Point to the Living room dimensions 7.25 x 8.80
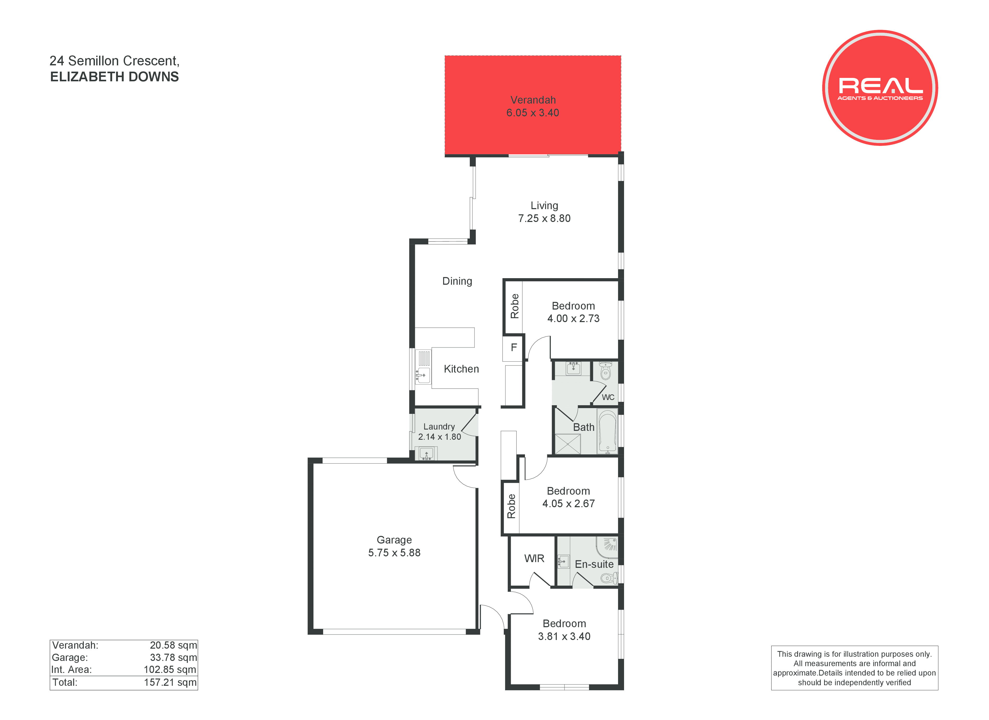tap(544, 219)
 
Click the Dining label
tap(457, 281)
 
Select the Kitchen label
tap(461, 369)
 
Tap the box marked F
tap(513, 348)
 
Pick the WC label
tap(608, 397)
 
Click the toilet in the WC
tap(606, 371)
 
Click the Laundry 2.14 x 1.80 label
tap(439, 432)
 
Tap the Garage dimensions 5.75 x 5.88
tap(394, 553)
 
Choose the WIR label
tap(534, 559)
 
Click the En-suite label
tap(594, 564)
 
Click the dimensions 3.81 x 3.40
tap(564, 637)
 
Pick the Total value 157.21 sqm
tap(170, 683)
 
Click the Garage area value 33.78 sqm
tap(174, 658)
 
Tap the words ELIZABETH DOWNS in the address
tap(114, 77)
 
